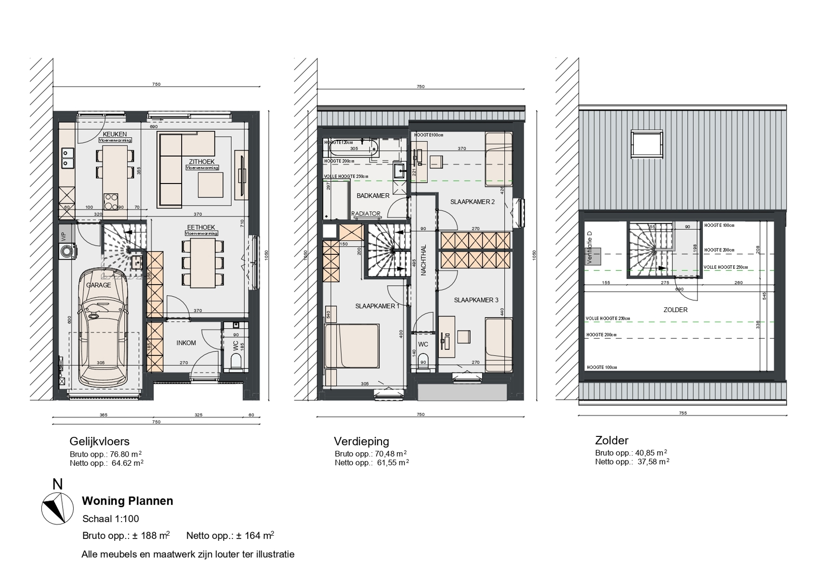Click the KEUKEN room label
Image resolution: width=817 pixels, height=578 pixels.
[115, 134]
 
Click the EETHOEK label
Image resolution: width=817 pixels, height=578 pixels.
[201, 227]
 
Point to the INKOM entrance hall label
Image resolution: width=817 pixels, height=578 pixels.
[186, 343]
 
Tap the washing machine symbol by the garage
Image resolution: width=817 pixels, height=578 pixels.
[66, 251]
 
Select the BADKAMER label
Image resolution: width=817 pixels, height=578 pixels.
[373, 196]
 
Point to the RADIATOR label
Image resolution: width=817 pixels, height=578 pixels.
[366, 214]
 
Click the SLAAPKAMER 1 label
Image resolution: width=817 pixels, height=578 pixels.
[377, 306]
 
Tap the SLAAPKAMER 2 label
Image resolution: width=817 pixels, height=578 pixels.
[472, 202]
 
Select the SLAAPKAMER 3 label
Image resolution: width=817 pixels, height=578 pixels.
[476, 300]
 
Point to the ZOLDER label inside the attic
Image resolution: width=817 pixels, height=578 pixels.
[675, 310]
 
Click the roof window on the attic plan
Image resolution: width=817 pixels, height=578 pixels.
[648, 144]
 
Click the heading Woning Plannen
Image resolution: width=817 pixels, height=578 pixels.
[128, 501]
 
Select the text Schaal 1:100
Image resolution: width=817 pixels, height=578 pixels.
[111, 519]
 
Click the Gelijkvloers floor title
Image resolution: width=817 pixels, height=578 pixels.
[100, 441]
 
